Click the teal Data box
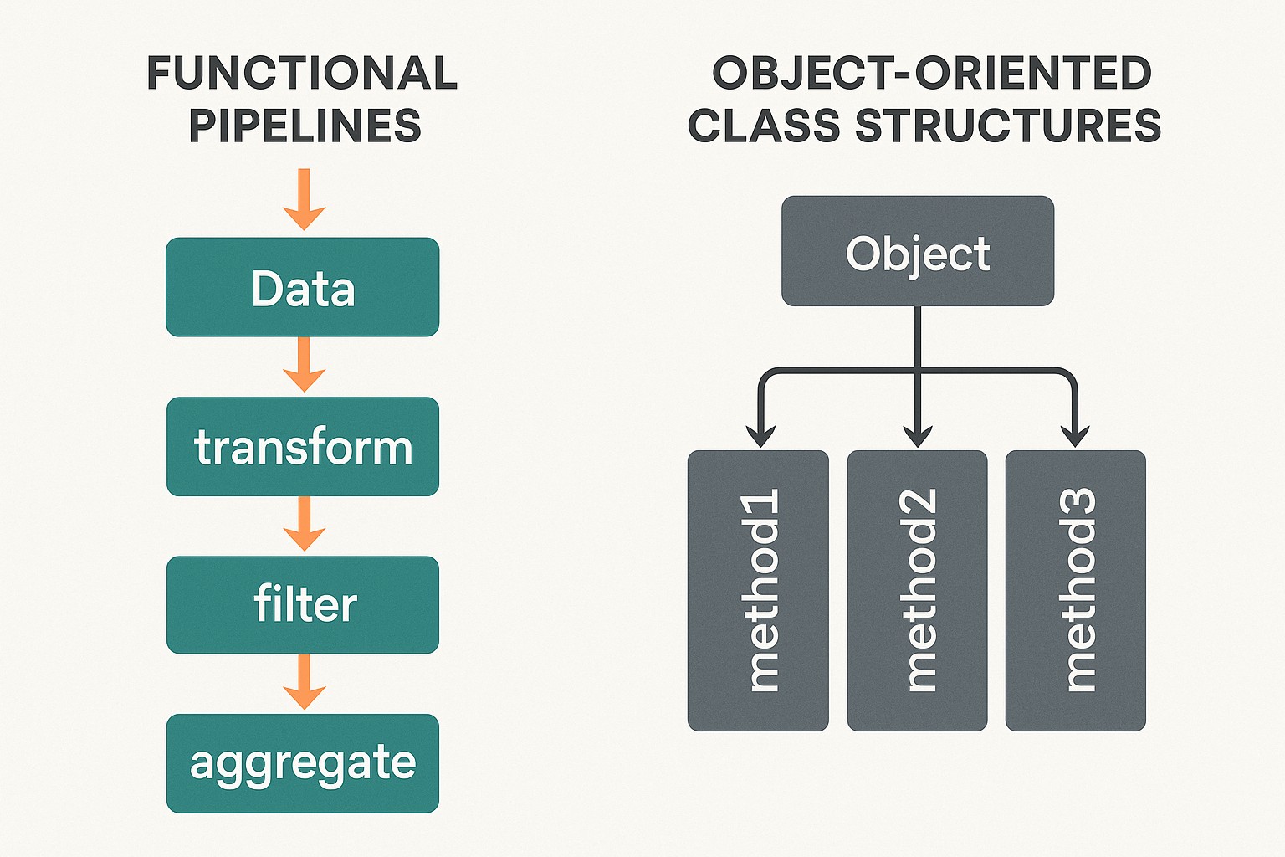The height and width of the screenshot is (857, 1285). [x=302, y=287]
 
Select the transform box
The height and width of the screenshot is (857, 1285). [x=302, y=446]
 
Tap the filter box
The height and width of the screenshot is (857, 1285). [x=302, y=604]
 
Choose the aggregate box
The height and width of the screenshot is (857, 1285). [x=302, y=762]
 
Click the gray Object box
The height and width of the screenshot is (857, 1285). [x=918, y=251]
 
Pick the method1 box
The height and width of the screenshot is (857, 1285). [x=758, y=591]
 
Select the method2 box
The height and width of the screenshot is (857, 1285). [x=918, y=591]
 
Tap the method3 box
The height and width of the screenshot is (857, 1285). [x=1076, y=591]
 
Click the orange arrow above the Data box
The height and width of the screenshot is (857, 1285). [x=304, y=201]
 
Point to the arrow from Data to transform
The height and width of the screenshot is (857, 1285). [x=304, y=365]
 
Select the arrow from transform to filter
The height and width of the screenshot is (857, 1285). [x=304, y=524]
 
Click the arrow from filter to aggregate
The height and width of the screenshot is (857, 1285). [x=304, y=682]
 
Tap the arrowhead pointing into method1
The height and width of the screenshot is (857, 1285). [x=760, y=436]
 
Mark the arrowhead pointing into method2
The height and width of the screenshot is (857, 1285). [x=918, y=436]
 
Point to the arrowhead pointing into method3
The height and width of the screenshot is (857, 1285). [x=1075, y=436]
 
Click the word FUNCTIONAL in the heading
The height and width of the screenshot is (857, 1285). [x=302, y=74]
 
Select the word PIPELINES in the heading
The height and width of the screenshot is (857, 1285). [x=305, y=126]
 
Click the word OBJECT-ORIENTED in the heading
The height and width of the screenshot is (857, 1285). [x=932, y=74]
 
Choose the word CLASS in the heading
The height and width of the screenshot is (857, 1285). [x=763, y=126]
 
